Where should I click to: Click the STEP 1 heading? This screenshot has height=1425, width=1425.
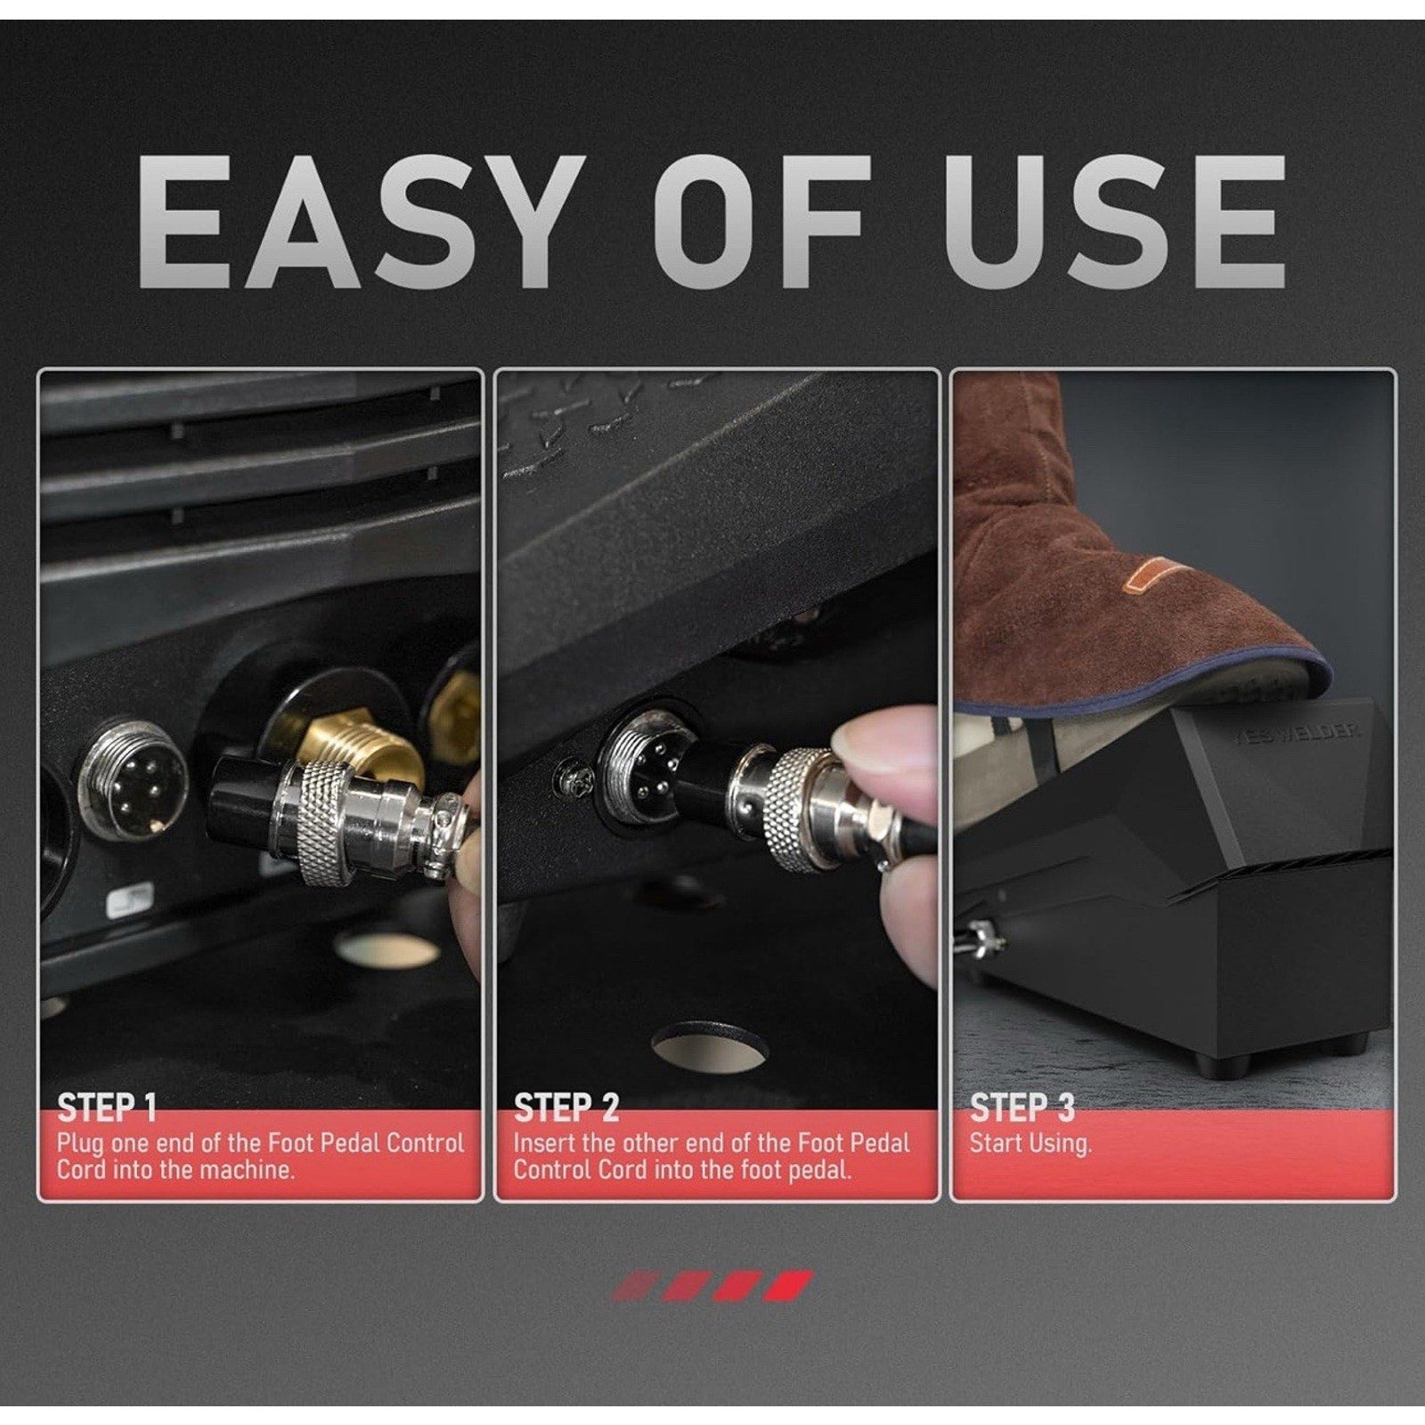[x=107, y=1107]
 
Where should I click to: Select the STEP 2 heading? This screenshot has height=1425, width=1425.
[x=566, y=1107]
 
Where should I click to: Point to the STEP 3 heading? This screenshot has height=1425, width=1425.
[x=1022, y=1107]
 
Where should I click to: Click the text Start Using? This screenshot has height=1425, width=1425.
[x=1030, y=1144]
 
